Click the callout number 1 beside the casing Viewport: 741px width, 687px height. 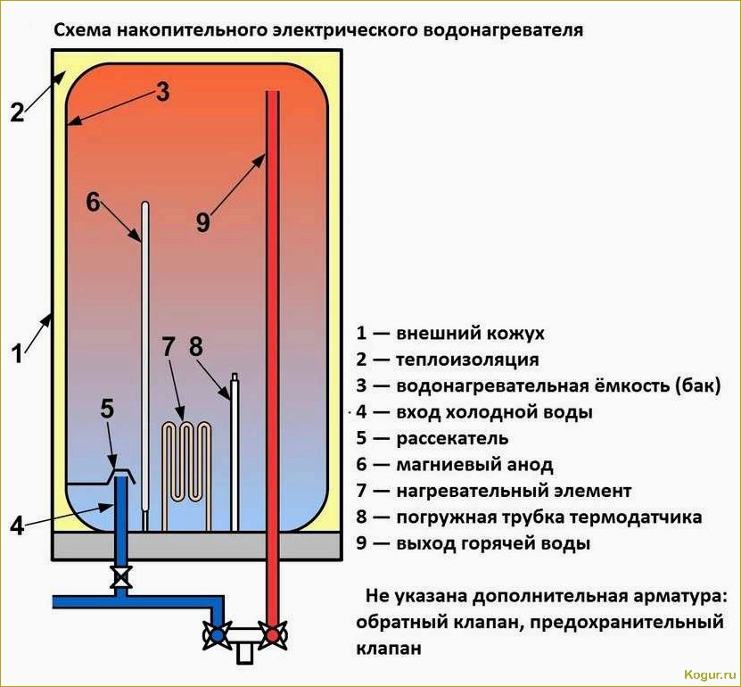pyautogui.click(x=17, y=354)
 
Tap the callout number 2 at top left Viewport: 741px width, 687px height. pyautogui.click(x=17, y=113)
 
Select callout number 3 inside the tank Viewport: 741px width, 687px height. pyautogui.click(x=161, y=92)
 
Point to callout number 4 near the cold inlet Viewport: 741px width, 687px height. pyautogui.click(x=17, y=526)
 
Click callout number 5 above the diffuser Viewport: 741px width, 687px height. pyautogui.click(x=107, y=410)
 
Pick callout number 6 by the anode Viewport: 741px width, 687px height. pyautogui.click(x=93, y=202)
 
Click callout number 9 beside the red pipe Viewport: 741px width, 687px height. pyautogui.click(x=203, y=222)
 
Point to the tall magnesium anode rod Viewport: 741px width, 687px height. pyautogui.click(x=145, y=357)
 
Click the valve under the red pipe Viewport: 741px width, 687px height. pyautogui.click(x=271, y=634)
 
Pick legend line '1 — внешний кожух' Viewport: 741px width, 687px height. pyautogui.click(x=450, y=334)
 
